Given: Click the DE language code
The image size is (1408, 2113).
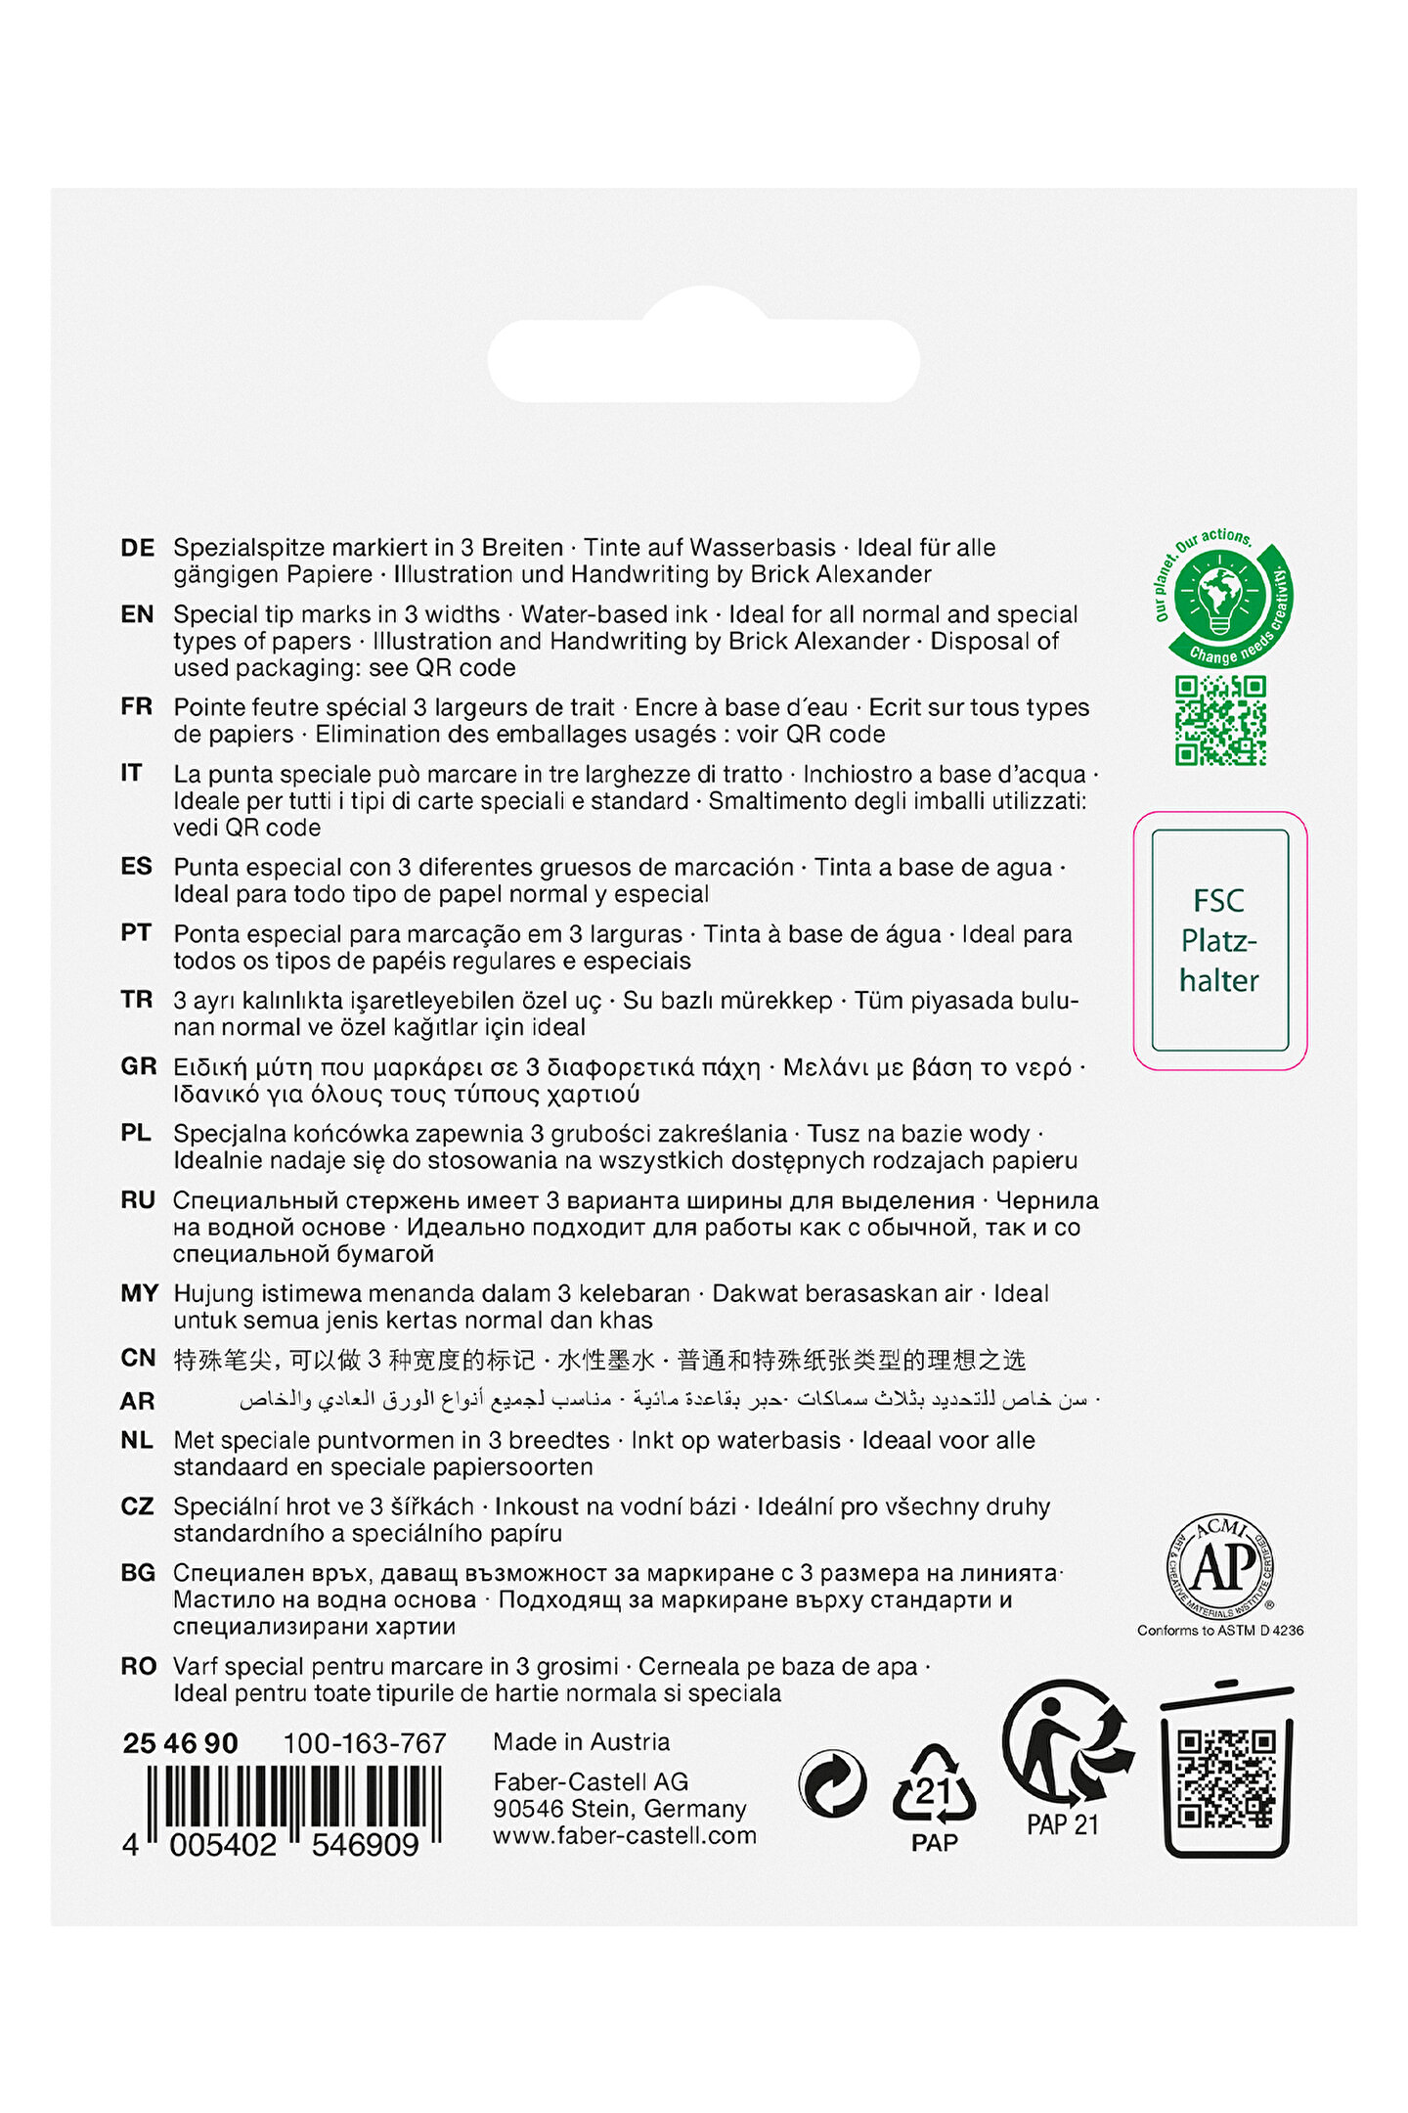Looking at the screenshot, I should coord(137,548).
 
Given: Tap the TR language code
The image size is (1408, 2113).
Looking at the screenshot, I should coord(137,1000).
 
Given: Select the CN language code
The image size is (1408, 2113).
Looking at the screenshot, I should coord(138,1358).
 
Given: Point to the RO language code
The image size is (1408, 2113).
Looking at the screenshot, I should coord(138,1666).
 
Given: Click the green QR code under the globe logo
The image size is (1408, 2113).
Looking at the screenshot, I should coord(1220,720).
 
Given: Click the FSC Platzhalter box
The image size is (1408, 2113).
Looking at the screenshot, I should coord(1219,940).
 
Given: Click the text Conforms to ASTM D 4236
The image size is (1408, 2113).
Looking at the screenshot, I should coord(1219,1630).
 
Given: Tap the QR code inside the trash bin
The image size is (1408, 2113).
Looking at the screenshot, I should coord(1226,1778).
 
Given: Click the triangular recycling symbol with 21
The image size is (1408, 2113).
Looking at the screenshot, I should coord(934,1786).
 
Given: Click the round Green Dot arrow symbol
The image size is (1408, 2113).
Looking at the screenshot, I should coord(832,1783).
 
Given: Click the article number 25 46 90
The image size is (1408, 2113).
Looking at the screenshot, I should coord(181,1743).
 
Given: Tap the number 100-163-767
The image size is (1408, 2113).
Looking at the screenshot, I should coord(364,1743).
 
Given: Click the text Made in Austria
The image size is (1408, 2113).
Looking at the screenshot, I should coord(581,1742).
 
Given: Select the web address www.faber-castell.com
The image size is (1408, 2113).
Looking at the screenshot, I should coord(624,1835).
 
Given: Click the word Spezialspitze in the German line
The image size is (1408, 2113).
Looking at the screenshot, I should coord(249,548).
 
